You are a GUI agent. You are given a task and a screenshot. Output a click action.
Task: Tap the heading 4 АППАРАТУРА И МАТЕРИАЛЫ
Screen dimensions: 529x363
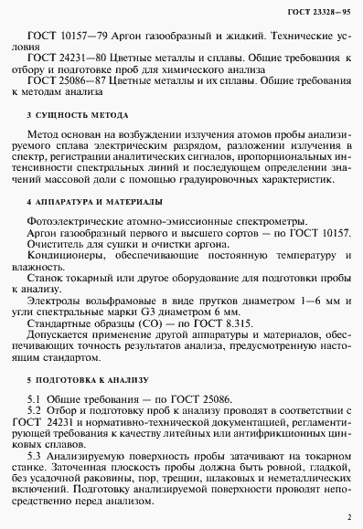[94, 199]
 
